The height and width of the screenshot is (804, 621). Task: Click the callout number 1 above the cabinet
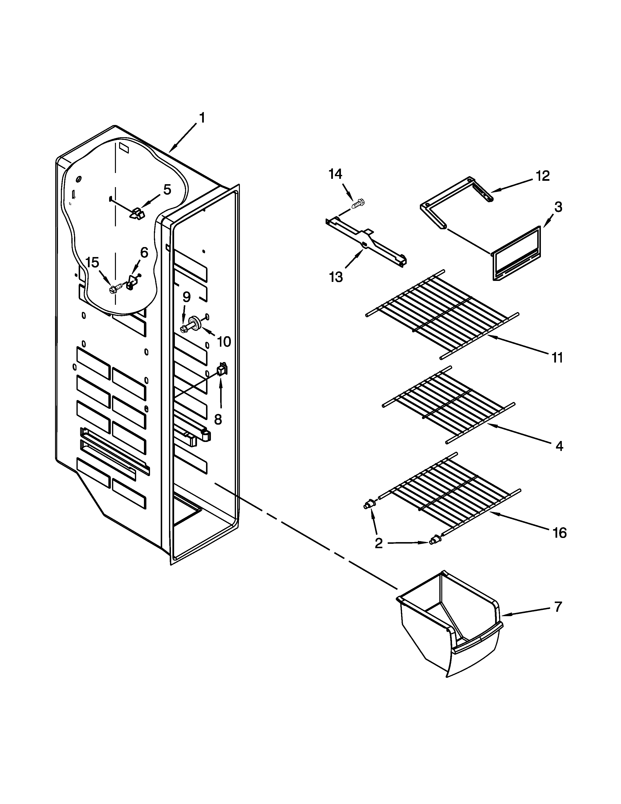202,118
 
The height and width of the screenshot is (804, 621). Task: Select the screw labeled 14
358,203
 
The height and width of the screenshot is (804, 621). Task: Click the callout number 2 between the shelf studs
378,543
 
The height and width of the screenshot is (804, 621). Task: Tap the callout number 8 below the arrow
218,419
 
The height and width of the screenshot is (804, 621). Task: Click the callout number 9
187,297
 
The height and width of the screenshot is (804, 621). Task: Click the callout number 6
144,253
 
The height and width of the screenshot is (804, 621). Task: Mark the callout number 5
167,190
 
